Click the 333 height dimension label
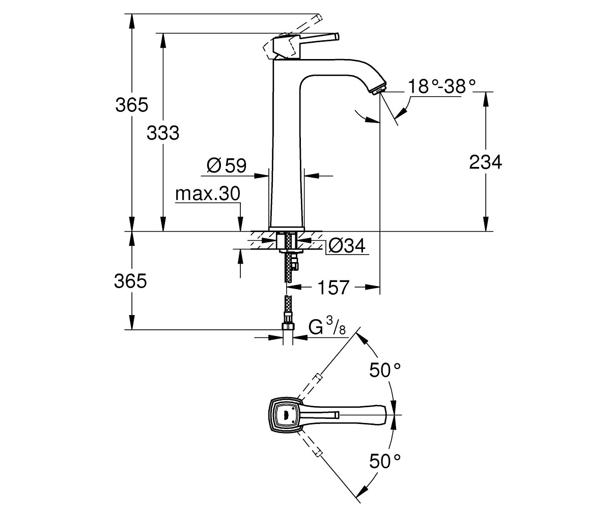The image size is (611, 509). point(163,133)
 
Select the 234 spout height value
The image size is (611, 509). point(485,162)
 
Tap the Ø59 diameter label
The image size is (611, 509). point(227,165)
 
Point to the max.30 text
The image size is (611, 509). point(208,193)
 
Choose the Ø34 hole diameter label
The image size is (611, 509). point(347,245)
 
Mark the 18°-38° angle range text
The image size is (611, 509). point(442,87)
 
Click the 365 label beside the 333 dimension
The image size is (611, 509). point(132,105)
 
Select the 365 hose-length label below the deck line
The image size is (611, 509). point(130,281)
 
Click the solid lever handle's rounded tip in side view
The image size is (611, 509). point(337,37)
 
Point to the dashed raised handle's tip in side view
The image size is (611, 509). point(319,17)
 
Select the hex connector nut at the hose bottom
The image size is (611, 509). point(288,326)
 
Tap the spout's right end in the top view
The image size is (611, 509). point(386,414)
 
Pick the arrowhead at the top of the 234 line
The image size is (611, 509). point(486,99)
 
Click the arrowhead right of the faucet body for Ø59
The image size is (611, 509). point(312,176)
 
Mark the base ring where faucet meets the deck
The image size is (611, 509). point(287,229)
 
